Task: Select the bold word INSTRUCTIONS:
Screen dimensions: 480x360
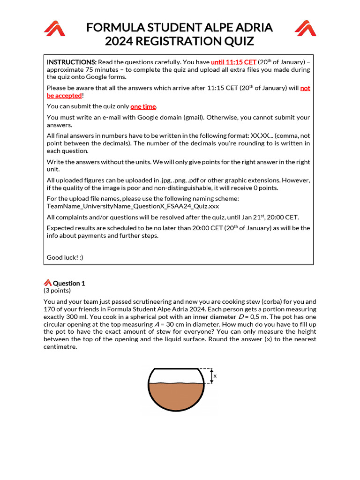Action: coord(71,62)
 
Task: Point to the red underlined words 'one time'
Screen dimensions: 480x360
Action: coord(143,106)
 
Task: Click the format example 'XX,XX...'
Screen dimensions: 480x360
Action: coord(255,136)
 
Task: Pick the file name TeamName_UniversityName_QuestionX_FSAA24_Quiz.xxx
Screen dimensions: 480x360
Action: coord(133,206)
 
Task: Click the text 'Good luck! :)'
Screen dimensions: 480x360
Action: coord(65,257)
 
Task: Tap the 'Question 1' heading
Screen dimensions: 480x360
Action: coord(69,283)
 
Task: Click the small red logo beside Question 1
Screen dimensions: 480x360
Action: coord(47,283)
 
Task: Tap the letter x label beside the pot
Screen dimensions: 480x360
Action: coord(215,376)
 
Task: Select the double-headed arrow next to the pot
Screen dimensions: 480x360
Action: coord(211,376)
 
